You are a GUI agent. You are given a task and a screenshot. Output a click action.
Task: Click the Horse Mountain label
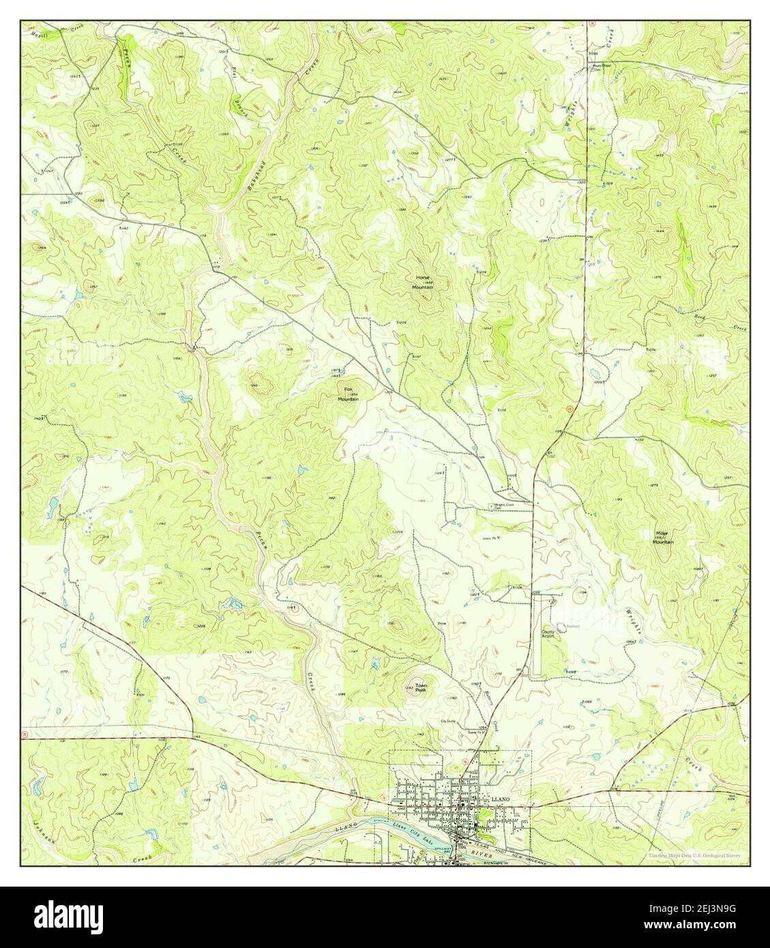pos(422,283)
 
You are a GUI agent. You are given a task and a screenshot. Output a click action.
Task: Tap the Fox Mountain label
pos(348,396)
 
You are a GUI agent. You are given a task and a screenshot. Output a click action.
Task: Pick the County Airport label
pos(549,634)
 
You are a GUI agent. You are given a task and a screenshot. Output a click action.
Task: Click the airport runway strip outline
pos(537,634)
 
